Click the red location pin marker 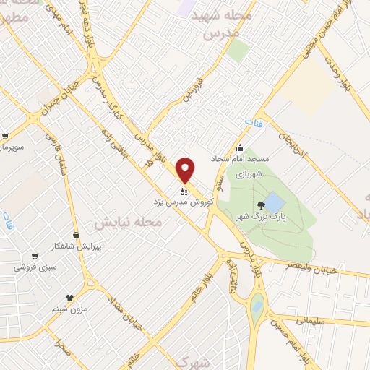point(186,170)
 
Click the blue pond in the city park point(275,201)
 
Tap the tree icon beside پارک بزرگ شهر point(261,205)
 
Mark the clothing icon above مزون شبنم point(69,297)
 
